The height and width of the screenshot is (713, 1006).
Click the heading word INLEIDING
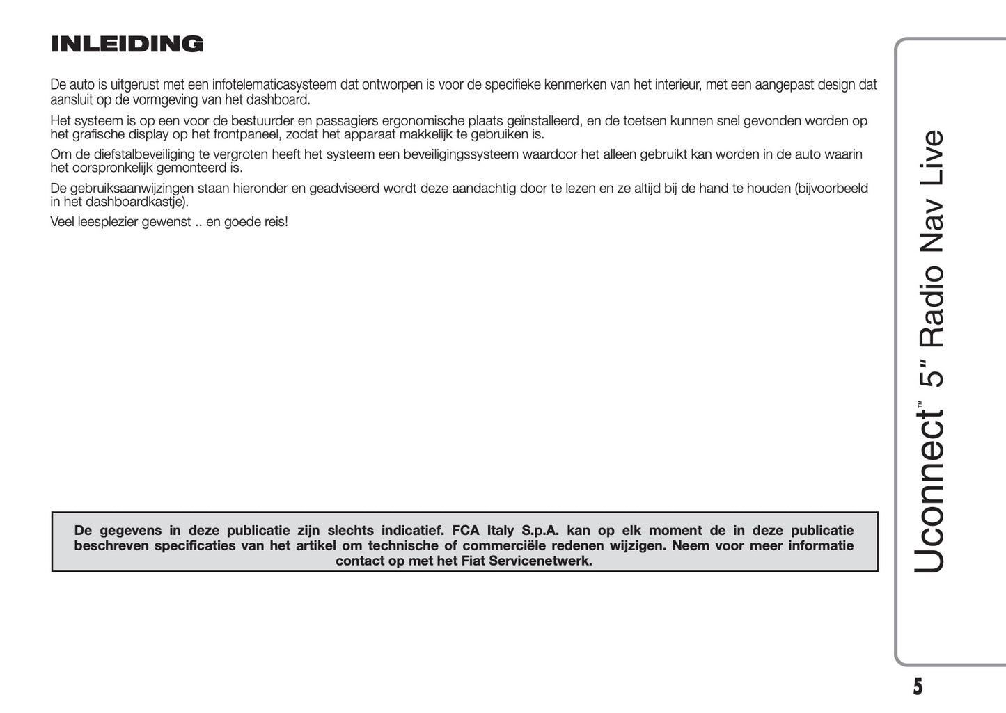(127, 45)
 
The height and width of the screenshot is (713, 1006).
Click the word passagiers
(345, 121)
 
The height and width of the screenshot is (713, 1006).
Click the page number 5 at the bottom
(918, 687)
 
